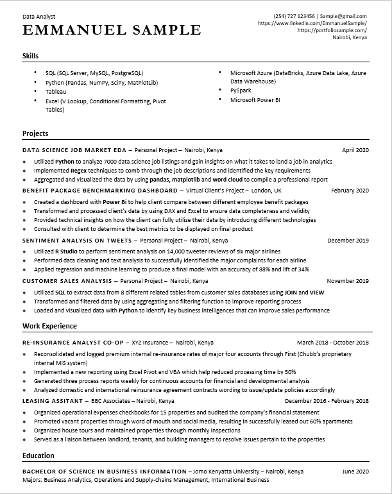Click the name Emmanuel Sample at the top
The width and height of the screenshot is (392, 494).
coord(111,30)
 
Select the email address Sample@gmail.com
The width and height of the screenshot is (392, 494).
coord(344,16)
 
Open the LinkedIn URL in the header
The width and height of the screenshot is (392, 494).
coord(312,23)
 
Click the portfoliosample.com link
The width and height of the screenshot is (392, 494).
coord(332,30)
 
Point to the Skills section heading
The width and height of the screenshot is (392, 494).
coord(30,56)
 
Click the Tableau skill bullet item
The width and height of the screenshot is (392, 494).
coord(56,92)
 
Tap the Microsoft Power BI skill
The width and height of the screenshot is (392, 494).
coord(255,100)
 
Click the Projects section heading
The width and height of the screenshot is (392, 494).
coord(35,133)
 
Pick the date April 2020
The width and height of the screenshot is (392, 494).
coord(355,150)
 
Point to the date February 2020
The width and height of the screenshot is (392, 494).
coord(350,191)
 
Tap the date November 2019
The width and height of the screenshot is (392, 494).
coord(348,281)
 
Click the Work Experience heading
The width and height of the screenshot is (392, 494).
coord(49,326)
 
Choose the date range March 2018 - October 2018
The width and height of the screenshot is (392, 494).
coord(332,343)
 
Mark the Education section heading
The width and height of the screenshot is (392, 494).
coord(39,455)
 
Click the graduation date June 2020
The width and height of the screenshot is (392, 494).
coord(355,472)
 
